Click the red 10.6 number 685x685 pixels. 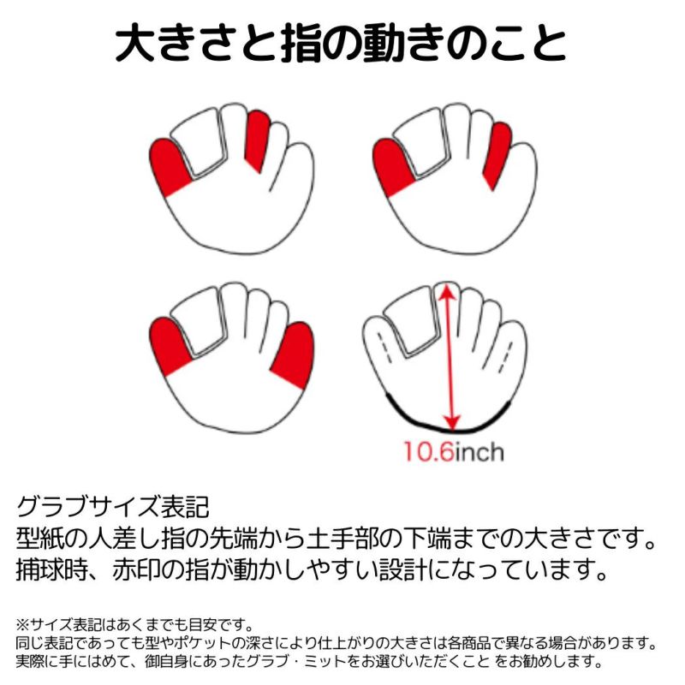[429, 451]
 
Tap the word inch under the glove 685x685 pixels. [479, 451]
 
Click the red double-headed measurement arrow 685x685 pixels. [450, 356]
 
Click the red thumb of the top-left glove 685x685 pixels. [169, 167]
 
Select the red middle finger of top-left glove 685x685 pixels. [258, 140]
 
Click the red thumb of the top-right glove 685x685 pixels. [392, 167]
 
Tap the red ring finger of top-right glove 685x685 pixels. [498, 155]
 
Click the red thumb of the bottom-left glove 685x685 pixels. [169, 346]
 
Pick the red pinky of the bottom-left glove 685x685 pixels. [294, 354]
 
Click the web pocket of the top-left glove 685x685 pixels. [199, 142]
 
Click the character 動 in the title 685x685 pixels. [382, 45]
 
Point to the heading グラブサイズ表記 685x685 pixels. [113, 506]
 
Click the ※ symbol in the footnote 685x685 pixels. [22, 625]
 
